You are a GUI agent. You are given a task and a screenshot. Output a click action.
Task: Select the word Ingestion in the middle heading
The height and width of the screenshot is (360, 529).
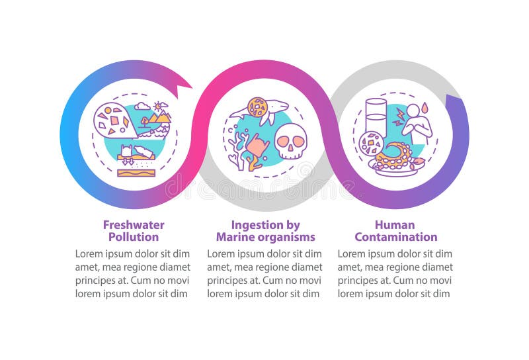tap(255, 225)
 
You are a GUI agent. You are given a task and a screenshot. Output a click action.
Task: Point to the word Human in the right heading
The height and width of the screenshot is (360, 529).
tap(395, 225)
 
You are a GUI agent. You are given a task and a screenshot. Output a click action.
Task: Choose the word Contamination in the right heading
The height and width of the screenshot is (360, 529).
tap(395, 237)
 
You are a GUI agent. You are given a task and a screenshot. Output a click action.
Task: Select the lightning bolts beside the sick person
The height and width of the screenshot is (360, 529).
tap(398, 119)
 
